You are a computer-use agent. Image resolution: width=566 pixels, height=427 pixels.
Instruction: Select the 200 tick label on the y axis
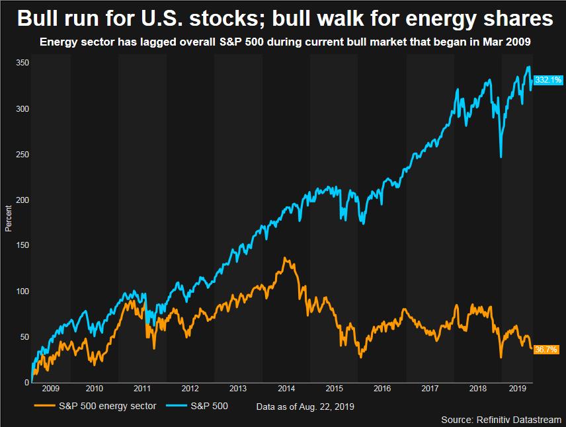[22, 200]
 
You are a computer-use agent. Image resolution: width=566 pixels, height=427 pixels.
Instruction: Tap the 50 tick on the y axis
[24, 337]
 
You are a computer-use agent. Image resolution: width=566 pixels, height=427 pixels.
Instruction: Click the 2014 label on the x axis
[287, 389]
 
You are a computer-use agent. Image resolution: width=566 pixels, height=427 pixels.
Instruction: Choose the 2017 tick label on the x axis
[430, 389]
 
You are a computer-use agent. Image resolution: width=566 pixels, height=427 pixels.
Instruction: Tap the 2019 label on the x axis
[517, 389]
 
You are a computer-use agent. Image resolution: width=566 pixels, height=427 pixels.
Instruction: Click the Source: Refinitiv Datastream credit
[501, 419]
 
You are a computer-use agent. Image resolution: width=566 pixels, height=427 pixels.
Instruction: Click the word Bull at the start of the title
[39, 18]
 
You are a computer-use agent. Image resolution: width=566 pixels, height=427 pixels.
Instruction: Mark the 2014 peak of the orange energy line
[284, 258]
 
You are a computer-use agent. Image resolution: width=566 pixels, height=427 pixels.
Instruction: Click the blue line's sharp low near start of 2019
[501, 157]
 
